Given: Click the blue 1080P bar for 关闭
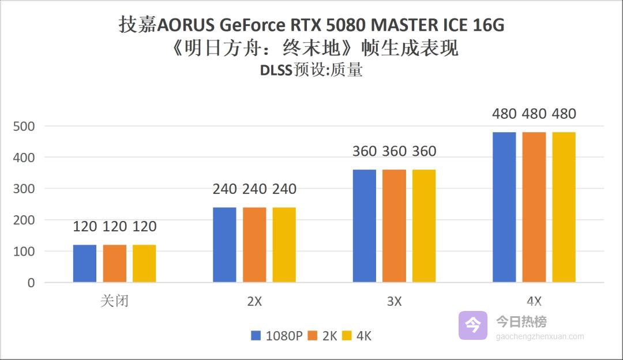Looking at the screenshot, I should coord(85,264).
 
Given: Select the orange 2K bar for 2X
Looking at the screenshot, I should coord(254,245).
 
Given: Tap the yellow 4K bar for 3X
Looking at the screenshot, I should coord(424,226).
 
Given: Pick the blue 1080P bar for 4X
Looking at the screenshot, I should coord(504,207).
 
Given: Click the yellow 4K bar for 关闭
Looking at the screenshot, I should coord(144,264).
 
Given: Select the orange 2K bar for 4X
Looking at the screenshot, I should coord(534,207).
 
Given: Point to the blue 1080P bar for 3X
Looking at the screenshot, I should coord(364,226).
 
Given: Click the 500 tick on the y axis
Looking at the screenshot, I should coord(24,126).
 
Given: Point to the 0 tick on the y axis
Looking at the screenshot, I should coord(31,283).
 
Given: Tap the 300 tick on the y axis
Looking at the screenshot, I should coord(24,189).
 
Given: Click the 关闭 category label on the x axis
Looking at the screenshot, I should coord(114,301).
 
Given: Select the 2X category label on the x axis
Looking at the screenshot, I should coord(254,301).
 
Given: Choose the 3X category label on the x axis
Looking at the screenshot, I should coord(394,301).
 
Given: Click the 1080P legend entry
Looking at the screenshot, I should coord(277,336).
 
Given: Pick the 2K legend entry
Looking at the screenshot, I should coord(323,336).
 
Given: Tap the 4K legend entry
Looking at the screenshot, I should coord(358,336).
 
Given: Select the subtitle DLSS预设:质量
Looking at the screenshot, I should coord(311,70).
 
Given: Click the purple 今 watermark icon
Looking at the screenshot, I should coord(473,325).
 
